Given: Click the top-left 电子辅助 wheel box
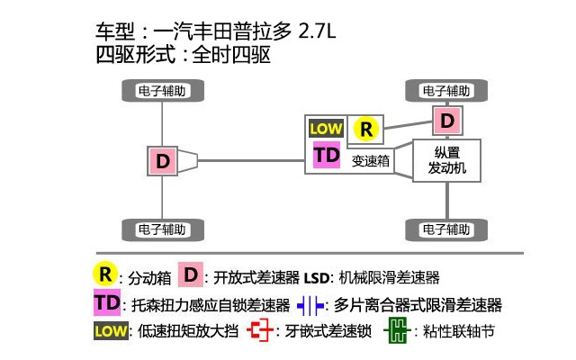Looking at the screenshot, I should click(163, 90).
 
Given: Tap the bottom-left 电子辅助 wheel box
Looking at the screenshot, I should click(163, 229).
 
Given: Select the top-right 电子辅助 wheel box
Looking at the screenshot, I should click(446, 90).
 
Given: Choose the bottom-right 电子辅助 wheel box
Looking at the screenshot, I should click(446, 229).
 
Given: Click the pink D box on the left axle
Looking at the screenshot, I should click(163, 161).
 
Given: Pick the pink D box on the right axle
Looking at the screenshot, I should click(447, 119).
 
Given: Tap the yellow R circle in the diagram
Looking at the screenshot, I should click(364, 129).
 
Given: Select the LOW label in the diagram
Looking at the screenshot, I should click(326, 129).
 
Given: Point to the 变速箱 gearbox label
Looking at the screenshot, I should click(370, 162).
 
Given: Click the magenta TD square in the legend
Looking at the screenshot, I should click(107, 302).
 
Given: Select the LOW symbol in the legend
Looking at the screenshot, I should click(110, 330).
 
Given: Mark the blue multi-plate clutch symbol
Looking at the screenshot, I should click(309, 304).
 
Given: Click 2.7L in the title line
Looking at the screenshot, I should click(314, 33).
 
